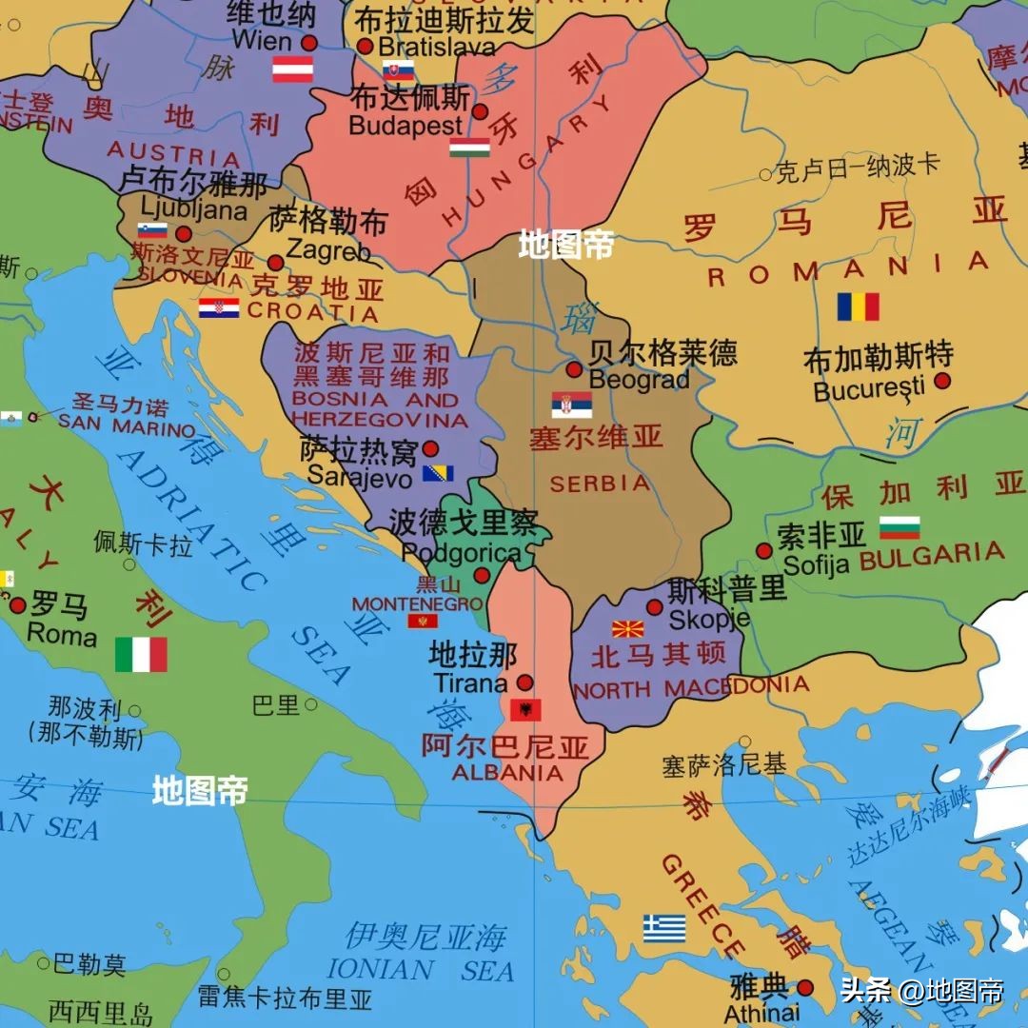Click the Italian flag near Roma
(141, 655)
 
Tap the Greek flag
(663, 928)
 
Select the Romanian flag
(858, 306)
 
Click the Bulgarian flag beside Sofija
(899, 527)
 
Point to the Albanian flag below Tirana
(525, 709)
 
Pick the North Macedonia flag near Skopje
(627, 628)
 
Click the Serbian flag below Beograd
(571, 405)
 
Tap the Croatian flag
(219, 307)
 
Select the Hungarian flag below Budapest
(469, 147)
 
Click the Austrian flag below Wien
(292, 69)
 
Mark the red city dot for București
(942, 381)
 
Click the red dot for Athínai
(805, 988)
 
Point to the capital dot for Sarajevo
(430, 448)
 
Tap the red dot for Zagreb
(275, 263)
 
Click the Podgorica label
(461, 553)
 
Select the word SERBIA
(600, 484)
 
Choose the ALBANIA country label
(507, 773)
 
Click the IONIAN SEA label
(420, 970)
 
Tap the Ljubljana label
(193, 209)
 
